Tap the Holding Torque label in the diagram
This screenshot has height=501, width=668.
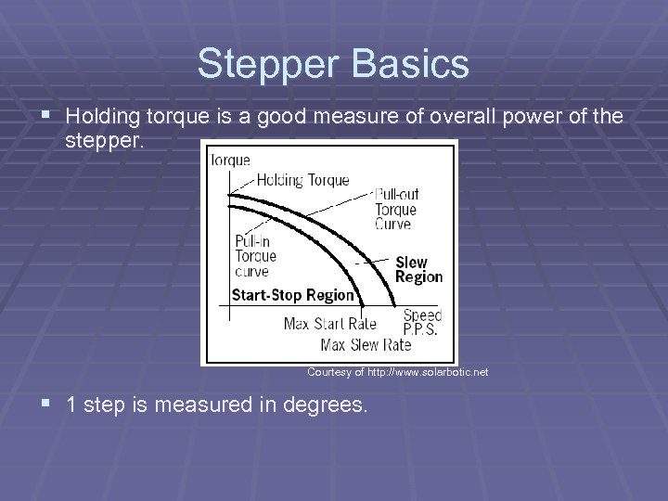pyautogui.click(x=302, y=180)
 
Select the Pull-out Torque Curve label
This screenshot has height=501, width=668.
pyautogui.click(x=396, y=209)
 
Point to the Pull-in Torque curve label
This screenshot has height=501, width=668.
pyautogui.click(x=255, y=256)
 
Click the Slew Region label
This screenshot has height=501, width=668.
pyautogui.click(x=418, y=269)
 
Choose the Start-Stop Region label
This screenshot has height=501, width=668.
pyautogui.click(x=292, y=295)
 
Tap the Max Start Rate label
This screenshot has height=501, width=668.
pyautogui.click(x=329, y=324)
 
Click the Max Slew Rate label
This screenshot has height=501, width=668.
pyautogui.click(x=366, y=344)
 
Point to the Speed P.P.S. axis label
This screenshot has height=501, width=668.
pyautogui.click(x=422, y=322)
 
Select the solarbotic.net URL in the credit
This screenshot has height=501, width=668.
pyautogui.click(x=428, y=372)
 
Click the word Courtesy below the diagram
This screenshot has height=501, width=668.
pyautogui.click(x=327, y=372)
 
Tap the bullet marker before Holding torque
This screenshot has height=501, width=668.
pyautogui.click(x=46, y=116)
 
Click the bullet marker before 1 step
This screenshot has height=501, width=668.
pyautogui.click(x=46, y=405)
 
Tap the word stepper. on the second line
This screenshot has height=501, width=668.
pyautogui.click(x=104, y=144)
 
